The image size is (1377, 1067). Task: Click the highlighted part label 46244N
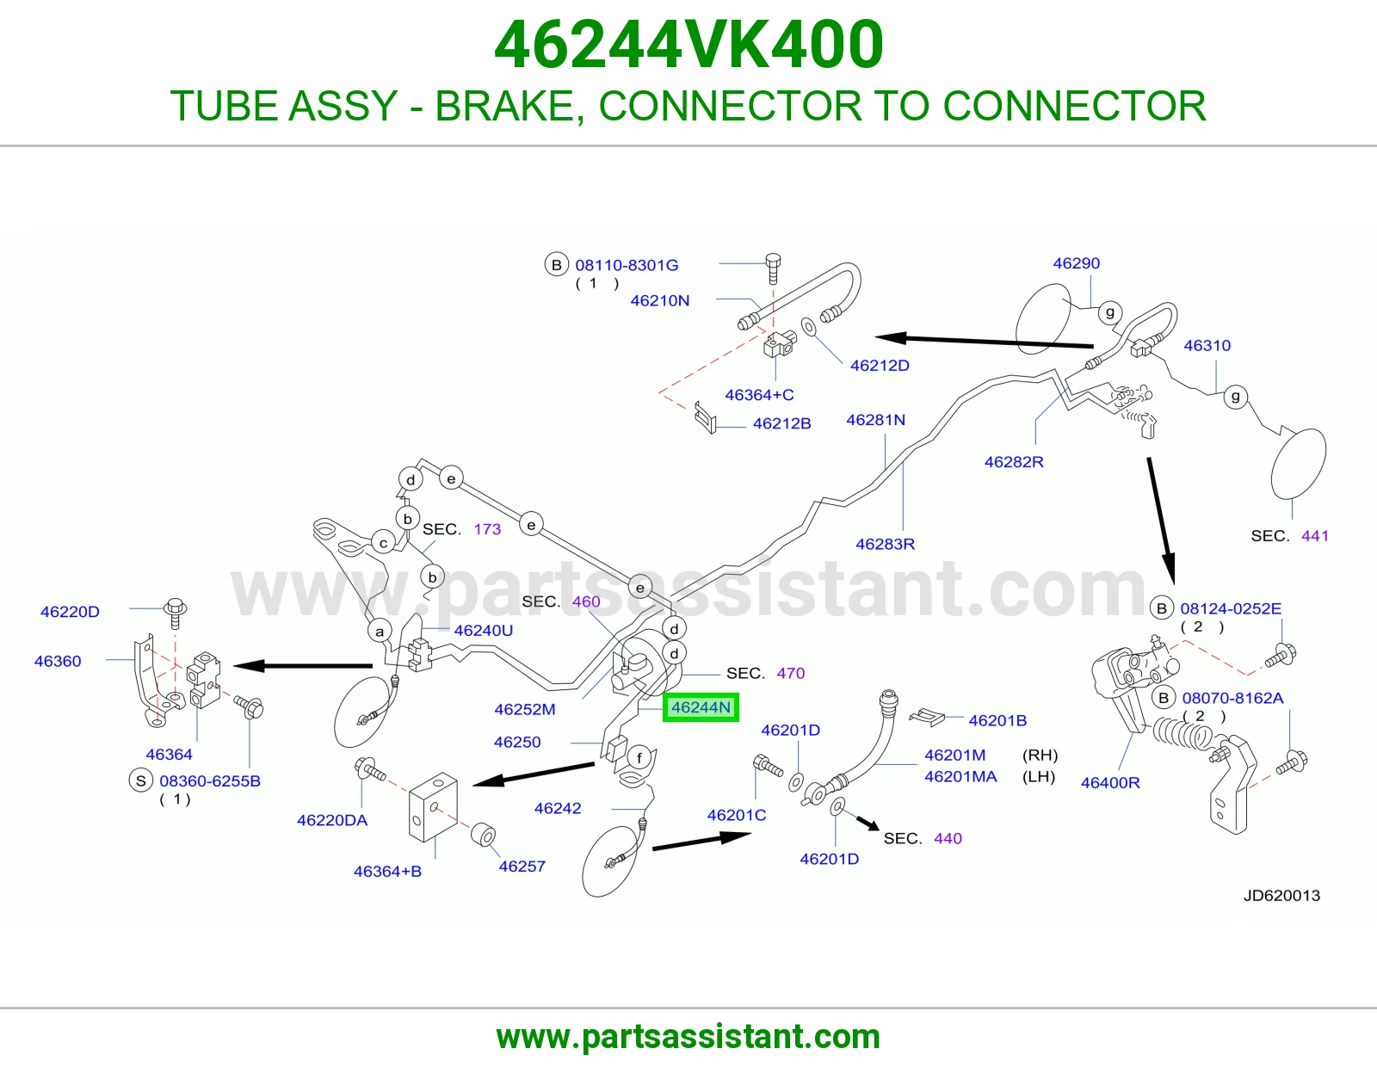701,707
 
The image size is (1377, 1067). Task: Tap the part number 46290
1076,263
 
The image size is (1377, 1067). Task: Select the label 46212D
879,366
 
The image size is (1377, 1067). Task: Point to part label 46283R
885,544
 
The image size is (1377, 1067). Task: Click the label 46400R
1109,782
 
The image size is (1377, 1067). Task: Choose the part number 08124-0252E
1230,608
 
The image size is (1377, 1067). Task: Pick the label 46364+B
387,871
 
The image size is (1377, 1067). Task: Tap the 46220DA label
332,820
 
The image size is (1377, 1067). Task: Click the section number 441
1314,535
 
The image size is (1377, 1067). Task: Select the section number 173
487,529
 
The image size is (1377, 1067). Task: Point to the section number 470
791,673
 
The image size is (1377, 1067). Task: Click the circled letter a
379,631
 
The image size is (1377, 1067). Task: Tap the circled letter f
639,757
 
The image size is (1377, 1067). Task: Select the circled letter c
383,543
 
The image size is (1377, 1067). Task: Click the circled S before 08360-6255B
140,780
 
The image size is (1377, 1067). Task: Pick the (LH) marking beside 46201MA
1039,776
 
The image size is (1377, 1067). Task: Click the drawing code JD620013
1281,895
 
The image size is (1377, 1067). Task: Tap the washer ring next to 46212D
809,327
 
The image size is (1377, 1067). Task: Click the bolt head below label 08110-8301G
773,262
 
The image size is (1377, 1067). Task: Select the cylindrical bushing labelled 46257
484,835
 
